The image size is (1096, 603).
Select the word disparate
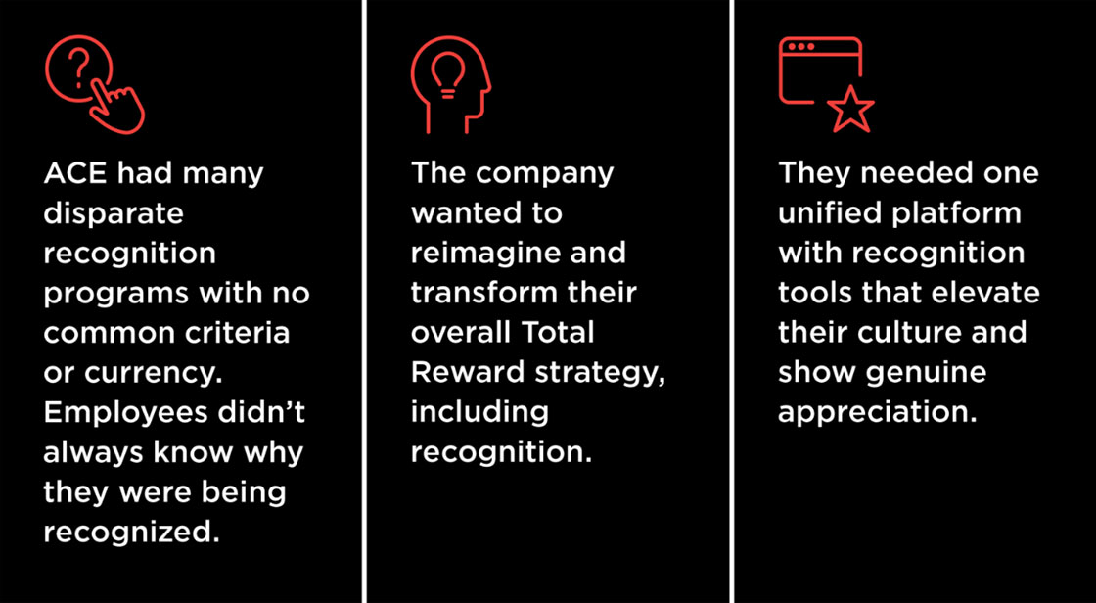click(114, 213)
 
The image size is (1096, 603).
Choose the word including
click(479, 412)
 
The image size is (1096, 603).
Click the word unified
click(828, 213)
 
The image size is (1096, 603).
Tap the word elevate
click(982, 293)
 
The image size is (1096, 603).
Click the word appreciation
click(878, 412)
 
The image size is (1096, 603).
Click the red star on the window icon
click(850, 111)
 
